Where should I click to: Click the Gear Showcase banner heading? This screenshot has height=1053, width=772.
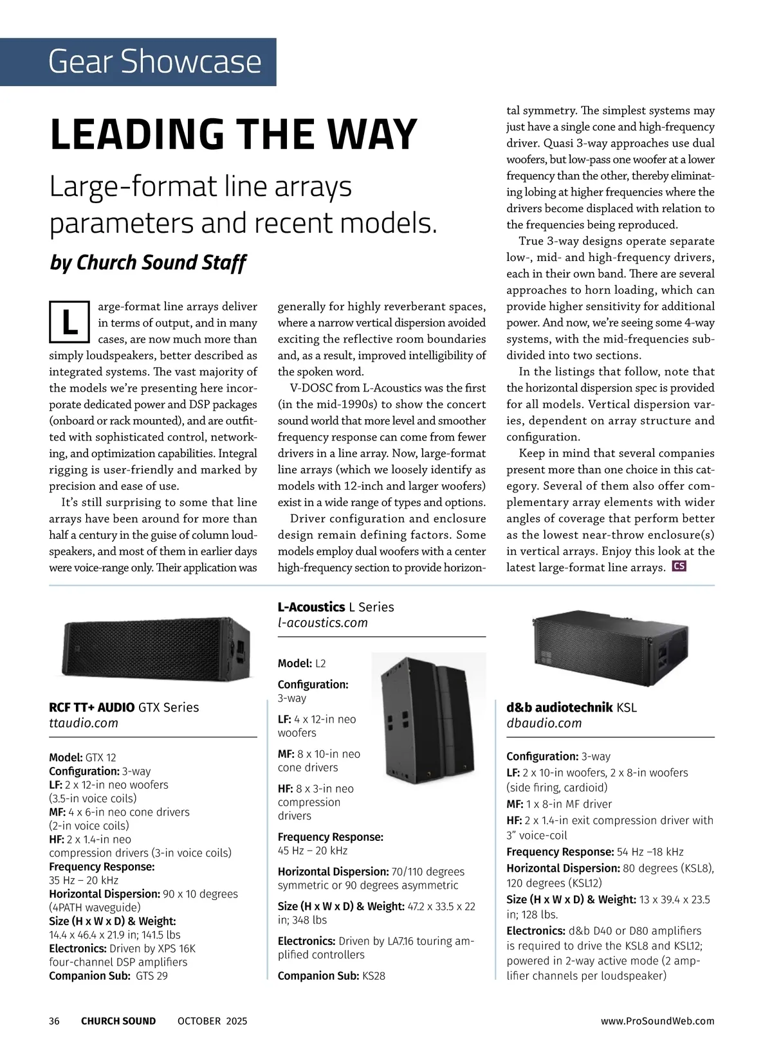(154, 62)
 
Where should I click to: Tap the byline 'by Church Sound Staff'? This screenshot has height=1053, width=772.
(148, 263)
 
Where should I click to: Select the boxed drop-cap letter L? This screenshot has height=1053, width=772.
(69, 322)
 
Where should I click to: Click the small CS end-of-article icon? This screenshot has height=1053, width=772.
(679, 566)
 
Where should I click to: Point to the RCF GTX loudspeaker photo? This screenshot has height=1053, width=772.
(156, 646)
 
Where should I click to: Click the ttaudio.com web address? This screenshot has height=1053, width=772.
(84, 723)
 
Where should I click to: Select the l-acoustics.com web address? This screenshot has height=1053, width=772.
(322, 623)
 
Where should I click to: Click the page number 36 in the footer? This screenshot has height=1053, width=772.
(55, 1021)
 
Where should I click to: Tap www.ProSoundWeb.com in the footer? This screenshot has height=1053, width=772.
(657, 1021)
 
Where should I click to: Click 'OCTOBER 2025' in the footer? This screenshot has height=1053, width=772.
(212, 1021)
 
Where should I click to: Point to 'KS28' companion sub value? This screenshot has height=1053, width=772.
(374, 976)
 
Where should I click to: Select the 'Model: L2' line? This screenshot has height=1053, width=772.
(302, 663)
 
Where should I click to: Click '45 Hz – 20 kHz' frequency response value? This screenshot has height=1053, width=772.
(313, 851)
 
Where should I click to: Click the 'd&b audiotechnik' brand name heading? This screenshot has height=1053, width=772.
(559, 708)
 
